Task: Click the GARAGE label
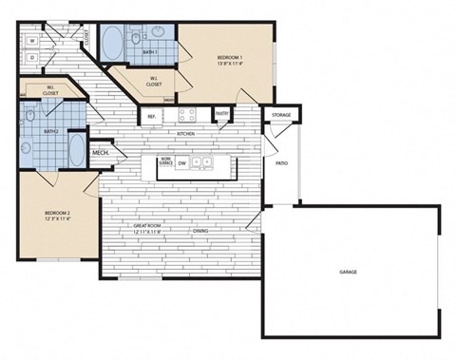[x=348, y=272]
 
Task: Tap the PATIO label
[x=281, y=163]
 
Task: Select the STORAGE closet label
[x=281, y=115]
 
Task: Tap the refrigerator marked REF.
[x=151, y=116]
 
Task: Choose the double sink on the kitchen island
[x=202, y=162]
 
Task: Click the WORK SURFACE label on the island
[x=166, y=162]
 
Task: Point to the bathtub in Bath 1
[x=110, y=44]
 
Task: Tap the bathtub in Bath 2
[x=73, y=150]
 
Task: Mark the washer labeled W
[x=32, y=41]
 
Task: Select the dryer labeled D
[x=32, y=58]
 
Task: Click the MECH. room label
[x=100, y=152]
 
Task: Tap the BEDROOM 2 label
[x=57, y=214]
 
